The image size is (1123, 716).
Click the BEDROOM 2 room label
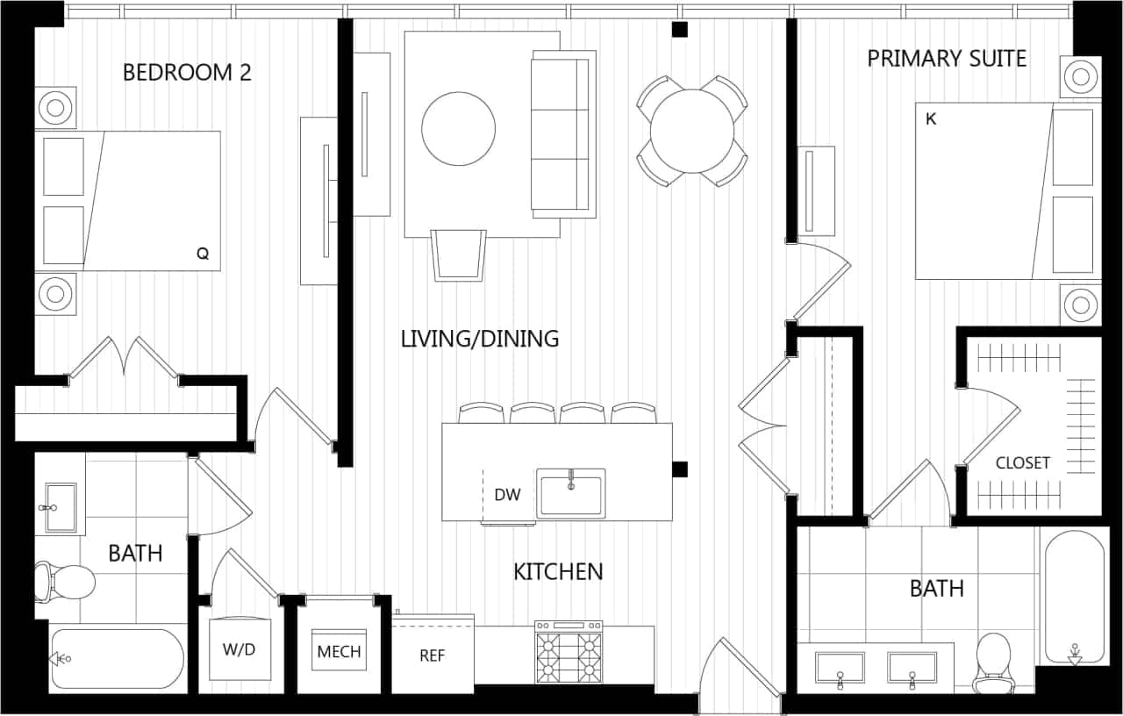coord(187,72)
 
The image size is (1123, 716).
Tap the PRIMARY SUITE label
coord(947,59)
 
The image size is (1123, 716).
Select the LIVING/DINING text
coord(479,339)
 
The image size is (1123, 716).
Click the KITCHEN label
coord(558,572)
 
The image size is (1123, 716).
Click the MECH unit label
coord(339,651)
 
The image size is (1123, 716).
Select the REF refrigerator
coord(433,655)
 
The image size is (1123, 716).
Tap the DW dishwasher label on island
coord(507,495)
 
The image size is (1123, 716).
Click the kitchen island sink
coord(570,493)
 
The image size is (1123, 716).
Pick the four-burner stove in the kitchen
coord(569,654)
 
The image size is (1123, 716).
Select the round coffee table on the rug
coord(458,128)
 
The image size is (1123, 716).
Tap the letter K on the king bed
coord(931,119)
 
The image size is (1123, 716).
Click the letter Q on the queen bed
coord(203,254)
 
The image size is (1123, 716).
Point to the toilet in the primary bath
coord(994,657)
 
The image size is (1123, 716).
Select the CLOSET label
coord(1022,463)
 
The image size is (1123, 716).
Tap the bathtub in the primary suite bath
coord(1072,597)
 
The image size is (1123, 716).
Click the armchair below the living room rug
coord(458,254)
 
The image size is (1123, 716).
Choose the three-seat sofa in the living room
coord(563,134)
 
